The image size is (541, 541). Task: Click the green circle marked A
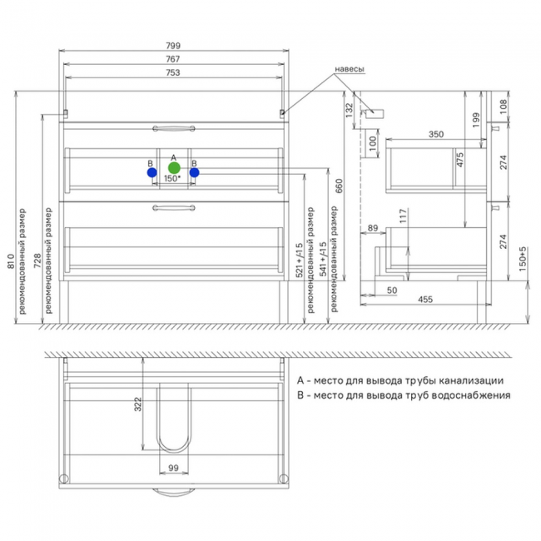[x=174, y=168]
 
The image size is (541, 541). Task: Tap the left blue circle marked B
[x=151, y=172]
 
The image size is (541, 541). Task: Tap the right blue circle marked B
[x=194, y=172]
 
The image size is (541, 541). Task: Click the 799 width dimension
[x=173, y=46]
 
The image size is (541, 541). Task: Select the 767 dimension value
[x=172, y=59]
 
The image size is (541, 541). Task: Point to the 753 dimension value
[x=173, y=72]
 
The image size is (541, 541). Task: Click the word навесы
[x=350, y=69]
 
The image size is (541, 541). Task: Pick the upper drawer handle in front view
[x=174, y=129]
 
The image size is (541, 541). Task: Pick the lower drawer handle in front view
[x=174, y=208]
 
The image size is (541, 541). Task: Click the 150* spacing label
[x=172, y=178]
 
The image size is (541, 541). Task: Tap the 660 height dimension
[x=339, y=186]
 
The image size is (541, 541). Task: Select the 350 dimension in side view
[x=436, y=134]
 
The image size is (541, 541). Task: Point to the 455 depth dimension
[x=425, y=300]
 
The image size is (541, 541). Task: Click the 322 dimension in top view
[x=137, y=404]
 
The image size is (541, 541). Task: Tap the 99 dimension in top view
[x=174, y=468]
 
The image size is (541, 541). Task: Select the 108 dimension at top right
[x=504, y=107]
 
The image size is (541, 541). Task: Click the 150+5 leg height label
[x=523, y=259]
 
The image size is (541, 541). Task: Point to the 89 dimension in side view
[x=373, y=228]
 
